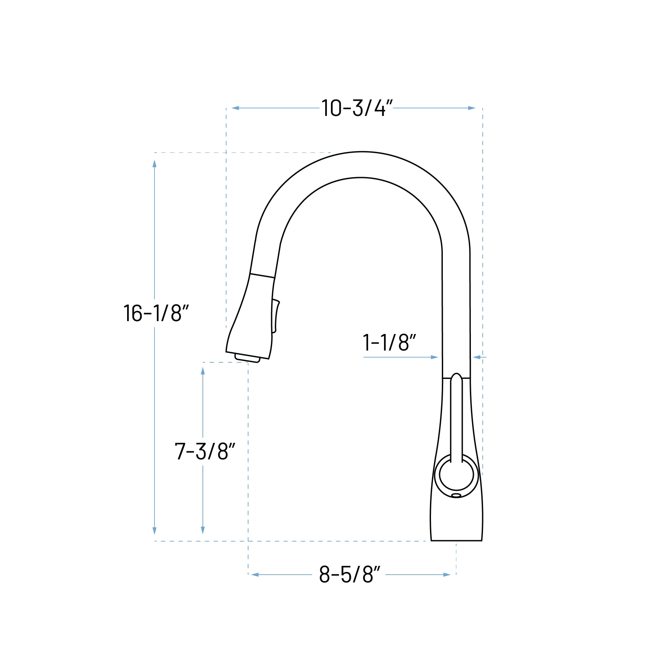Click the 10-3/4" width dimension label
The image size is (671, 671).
[357, 108]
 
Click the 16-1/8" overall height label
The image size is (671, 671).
[156, 313]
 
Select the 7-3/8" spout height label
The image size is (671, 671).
[205, 451]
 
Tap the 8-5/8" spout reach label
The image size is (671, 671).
[350, 574]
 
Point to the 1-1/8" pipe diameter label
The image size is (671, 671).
[389, 342]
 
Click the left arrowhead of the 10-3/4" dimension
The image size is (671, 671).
[236, 108]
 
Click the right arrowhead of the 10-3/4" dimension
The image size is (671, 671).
[471, 108]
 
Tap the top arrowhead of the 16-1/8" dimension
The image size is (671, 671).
[154, 164]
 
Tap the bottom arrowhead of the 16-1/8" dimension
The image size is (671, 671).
[154, 531]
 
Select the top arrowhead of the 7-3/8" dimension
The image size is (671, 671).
[203, 371]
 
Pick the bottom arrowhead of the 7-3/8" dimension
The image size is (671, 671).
[203, 530]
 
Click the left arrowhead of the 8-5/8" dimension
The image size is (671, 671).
[255, 575]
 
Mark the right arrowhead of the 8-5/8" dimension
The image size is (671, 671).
[447, 575]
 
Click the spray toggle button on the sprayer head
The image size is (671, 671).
[276, 316]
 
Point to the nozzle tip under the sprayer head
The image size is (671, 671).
[247, 358]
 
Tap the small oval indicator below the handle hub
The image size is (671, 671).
[456, 495]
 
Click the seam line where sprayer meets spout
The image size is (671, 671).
[262, 276]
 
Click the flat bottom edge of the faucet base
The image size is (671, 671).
[456, 541]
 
